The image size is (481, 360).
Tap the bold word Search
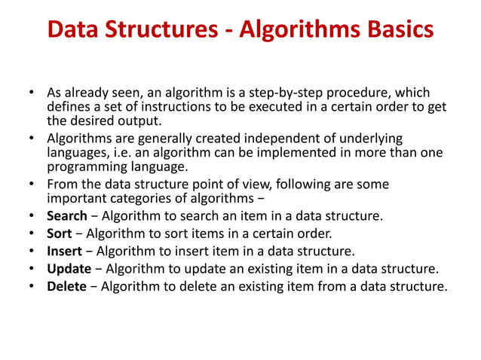pos(66,216)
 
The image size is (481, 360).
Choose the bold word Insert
pos(63,251)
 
